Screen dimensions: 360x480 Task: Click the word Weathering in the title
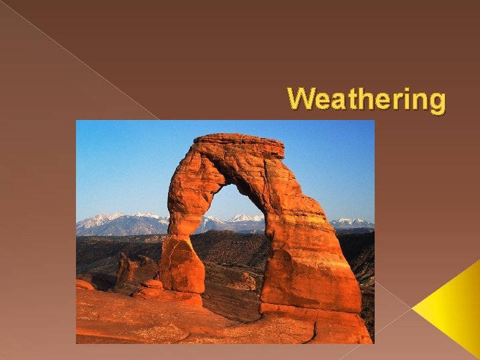pyautogui.click(x=367, y=99)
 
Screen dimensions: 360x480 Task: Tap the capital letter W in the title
pyautogui.click(x=300, y=99)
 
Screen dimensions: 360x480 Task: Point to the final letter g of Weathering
pyautogui.click(x=436, y=101)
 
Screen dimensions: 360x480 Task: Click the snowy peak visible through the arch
pyautogui.click(x=247, y=218)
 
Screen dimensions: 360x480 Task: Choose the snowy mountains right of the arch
pyautogui.click(x=352, y=222)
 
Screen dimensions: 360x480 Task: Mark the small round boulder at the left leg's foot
pyautogui.click(x=153, y=285)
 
